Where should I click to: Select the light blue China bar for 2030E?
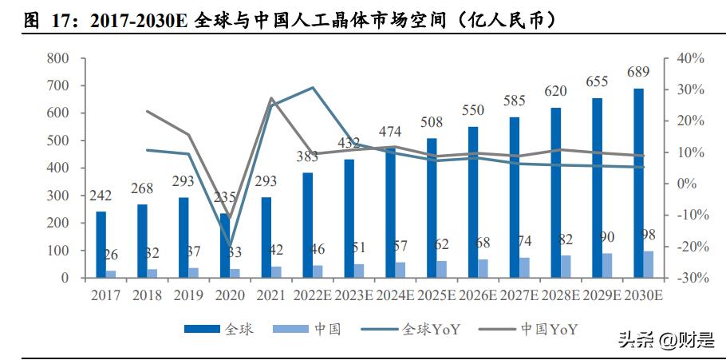pos(649,264)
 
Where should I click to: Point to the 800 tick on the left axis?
pos(57,58)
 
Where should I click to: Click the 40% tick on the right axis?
pos(689,58)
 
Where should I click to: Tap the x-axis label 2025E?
pos(436,295)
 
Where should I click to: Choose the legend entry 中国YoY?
pos(550,328)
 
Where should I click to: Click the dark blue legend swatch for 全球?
pos(203,328)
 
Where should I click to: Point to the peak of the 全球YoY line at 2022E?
pos(313,87)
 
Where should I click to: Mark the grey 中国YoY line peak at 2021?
pos(271,99)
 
